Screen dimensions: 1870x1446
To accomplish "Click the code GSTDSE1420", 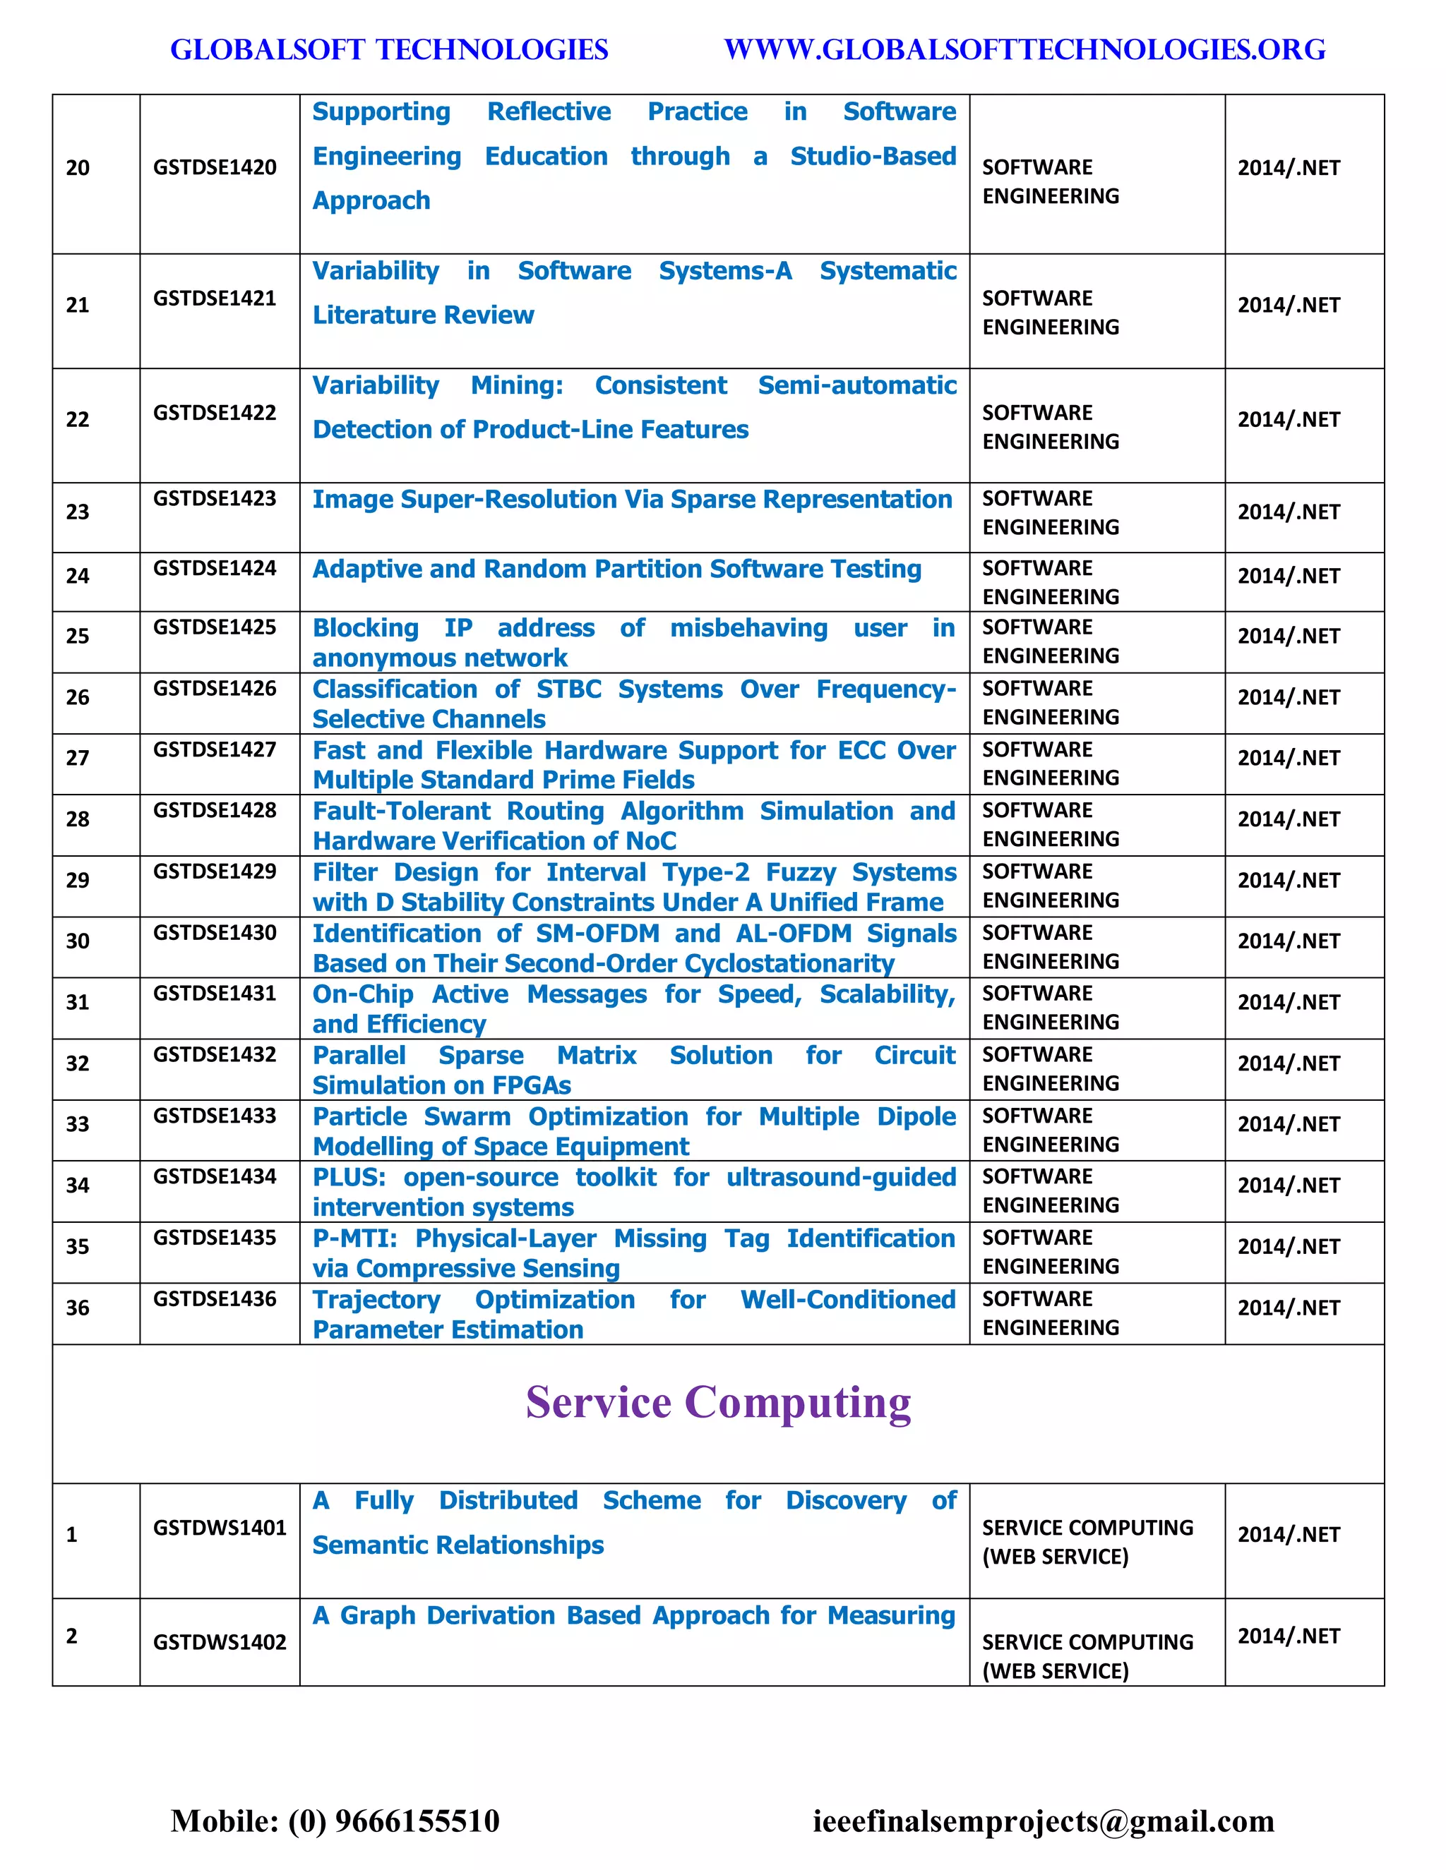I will tap(214, 167).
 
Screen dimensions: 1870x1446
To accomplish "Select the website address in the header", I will tap(1024, 49).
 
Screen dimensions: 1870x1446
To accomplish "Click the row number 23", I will tap(77, 512).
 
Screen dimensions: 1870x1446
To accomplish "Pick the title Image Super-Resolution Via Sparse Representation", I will tap(632, 499).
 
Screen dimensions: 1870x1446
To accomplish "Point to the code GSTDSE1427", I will tap(214, 749).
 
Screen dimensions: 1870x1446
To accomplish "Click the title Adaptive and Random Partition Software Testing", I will tap(617, 569).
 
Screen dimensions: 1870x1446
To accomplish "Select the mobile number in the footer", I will tap(335, 1821).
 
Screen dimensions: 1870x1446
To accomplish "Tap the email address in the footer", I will tap(1044, 1821).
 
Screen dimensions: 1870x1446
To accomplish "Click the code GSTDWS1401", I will tap(220, 1528).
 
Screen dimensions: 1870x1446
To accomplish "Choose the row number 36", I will tap(77, 1308).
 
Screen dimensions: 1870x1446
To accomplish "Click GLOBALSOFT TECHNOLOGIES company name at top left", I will tap(389, 49).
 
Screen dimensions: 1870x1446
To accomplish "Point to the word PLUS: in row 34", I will tap(349, 1177).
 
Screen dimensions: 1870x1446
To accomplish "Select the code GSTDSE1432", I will tap(214, 1054).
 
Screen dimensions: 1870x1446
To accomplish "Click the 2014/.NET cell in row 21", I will tap(1289, 305).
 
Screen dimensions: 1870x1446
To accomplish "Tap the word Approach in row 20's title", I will tap(371, 200).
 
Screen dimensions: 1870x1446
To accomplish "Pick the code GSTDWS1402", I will tap(220, 1641).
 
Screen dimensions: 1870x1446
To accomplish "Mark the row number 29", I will tap(77, 880).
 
